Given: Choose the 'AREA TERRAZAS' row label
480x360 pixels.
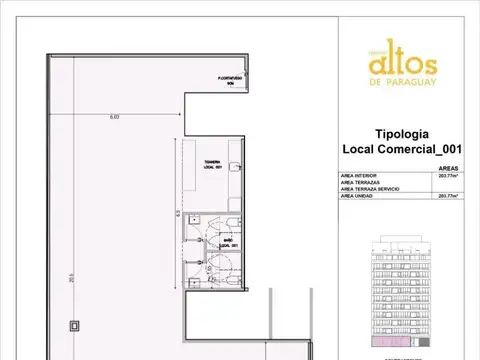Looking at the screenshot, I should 362,183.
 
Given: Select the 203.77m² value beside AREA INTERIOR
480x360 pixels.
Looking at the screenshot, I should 447,177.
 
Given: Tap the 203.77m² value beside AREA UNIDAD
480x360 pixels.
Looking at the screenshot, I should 447,197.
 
